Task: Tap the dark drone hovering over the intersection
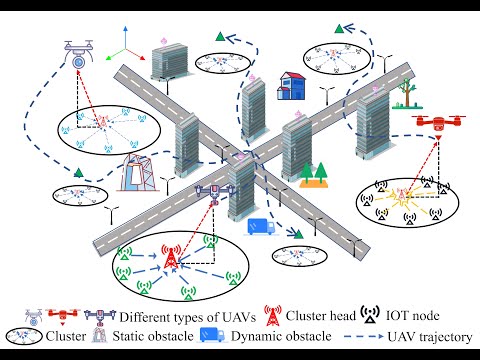pos(214,191)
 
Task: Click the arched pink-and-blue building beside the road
pos(136,172)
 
